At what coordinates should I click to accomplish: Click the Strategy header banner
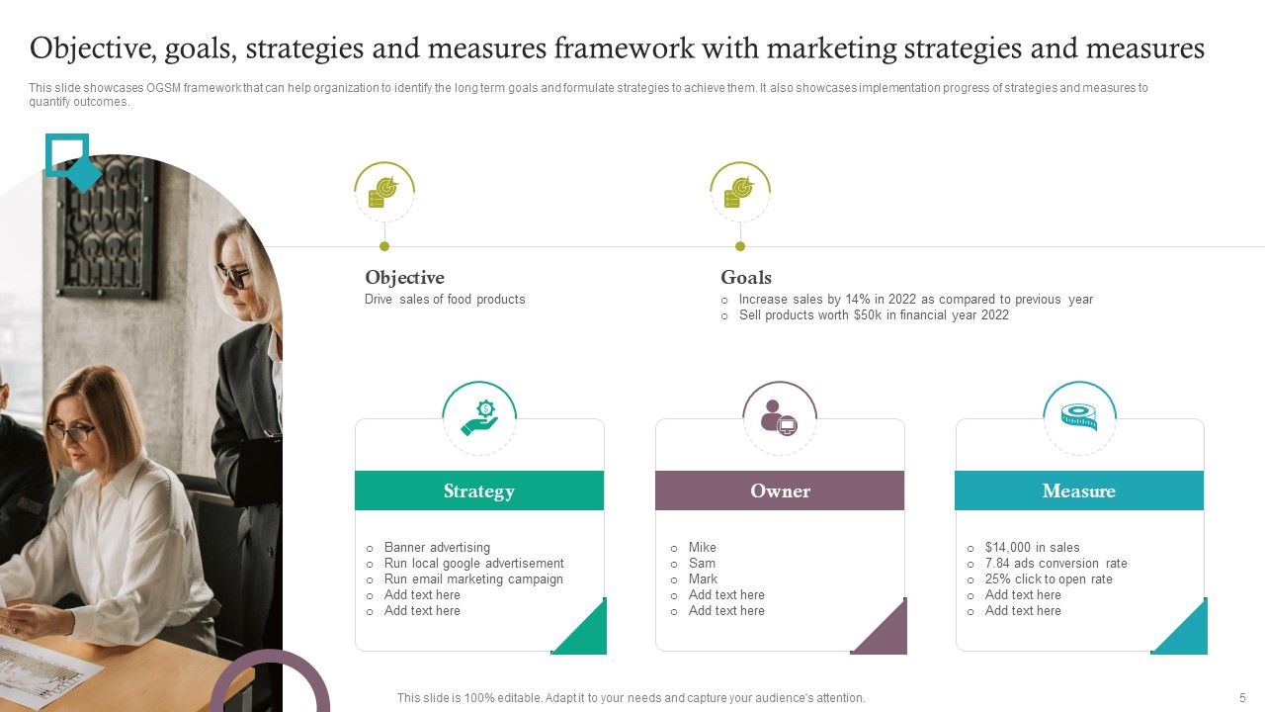point(479,490)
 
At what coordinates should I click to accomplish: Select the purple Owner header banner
point(780,490)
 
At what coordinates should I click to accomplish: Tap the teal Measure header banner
point(1079,490)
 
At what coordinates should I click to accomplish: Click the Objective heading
point(404,278)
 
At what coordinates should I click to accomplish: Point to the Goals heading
point(746,278)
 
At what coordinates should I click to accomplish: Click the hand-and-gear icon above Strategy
point(479,418)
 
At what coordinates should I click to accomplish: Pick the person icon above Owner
point(779,417)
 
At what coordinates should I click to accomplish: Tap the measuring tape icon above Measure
point(1079,417)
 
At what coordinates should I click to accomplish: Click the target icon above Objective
point(383,191)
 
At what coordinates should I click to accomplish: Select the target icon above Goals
point(739,191)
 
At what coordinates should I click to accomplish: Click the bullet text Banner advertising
point(437,547)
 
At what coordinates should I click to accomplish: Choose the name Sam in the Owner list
point(702,563)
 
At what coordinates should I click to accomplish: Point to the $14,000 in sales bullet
point(1032,547)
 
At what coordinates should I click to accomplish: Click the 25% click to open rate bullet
point(1049,578)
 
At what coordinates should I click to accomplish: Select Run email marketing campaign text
point(473,578)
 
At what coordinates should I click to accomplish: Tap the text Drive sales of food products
point(445,299)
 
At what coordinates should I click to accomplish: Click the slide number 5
point(1242,697)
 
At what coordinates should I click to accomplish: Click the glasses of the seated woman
point(71,431)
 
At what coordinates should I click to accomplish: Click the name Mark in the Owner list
point(703,578)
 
